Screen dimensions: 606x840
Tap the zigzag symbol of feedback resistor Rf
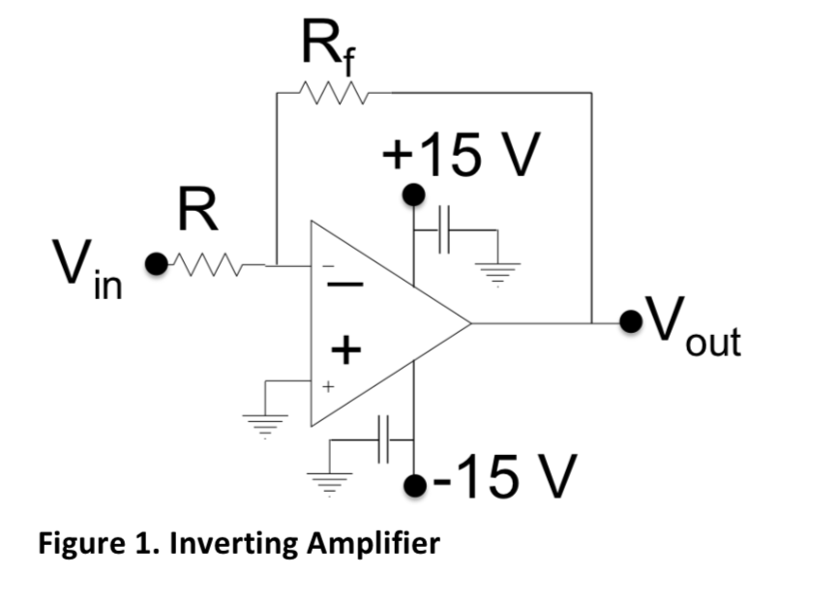pyautogui.click(x=333, y=93)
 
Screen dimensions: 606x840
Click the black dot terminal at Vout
pyautogui.click(x=634, y=321)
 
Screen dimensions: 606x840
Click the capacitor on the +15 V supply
pyautogui.click(x=446, y=230)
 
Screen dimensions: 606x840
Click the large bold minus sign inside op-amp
pyautogui.click(x=349, y=285)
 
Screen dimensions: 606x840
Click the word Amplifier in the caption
pyautogui.click(x=373, y=543)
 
